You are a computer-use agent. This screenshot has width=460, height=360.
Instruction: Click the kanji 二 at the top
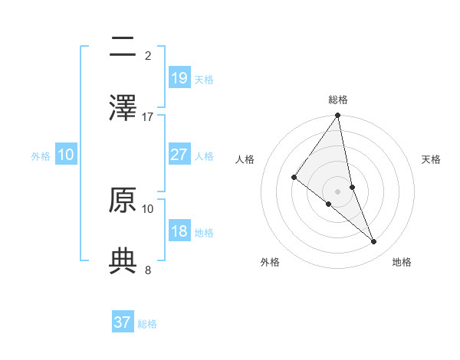point(123,47)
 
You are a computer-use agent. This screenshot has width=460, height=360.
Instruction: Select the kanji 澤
point(123,108)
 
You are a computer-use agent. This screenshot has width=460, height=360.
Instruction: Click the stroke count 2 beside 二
point(148,55)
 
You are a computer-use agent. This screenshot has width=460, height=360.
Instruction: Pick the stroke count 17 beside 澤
point(148,116)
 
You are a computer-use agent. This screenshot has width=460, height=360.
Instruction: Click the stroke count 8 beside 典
point(148,270)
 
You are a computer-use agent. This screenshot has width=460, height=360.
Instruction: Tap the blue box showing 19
point(179,78)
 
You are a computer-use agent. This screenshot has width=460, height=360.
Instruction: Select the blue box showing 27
point(179,155)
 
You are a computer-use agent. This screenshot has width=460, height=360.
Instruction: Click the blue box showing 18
point(179,231)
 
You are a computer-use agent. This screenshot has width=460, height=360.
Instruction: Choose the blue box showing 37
point(123,322)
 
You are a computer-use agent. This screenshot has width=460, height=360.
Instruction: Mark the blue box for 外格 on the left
point(66,155)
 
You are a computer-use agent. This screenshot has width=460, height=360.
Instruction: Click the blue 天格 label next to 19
point(204,80)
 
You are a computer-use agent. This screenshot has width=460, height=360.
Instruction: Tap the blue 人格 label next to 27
point(204,156)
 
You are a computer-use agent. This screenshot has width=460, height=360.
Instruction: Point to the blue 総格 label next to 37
point(147,324)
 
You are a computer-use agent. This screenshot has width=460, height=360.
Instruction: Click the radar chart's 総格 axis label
point(338,100)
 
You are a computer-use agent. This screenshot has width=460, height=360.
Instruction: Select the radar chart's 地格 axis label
point(402,262)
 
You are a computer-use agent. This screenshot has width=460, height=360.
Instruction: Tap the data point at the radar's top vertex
point(338,116)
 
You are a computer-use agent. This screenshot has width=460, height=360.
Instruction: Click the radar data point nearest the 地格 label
point(374,241)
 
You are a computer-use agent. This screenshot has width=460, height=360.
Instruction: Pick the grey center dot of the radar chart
point(338,191)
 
